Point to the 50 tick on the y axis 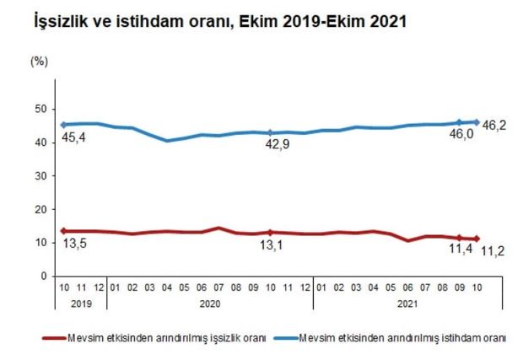point(40,109)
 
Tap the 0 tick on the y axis point(43,276)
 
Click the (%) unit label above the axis point(39,61)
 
